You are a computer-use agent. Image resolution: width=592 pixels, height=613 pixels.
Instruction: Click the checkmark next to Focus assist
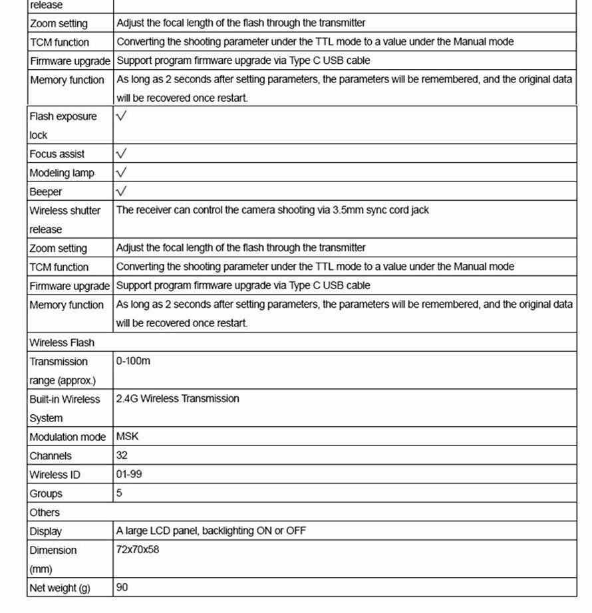click(122, 154)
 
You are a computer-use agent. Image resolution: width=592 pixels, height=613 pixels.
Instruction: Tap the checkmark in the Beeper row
click(122, 191)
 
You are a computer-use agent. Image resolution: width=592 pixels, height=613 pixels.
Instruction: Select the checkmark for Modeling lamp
click(122, 173)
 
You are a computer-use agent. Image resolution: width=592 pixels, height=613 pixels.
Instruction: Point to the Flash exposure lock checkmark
click(122, 116)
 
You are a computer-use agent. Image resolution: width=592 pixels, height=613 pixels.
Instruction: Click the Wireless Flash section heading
click(62, 343)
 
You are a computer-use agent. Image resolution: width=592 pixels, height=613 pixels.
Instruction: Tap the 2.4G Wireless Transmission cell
click(178, 399)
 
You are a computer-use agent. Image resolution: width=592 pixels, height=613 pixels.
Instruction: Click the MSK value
click(128, 437)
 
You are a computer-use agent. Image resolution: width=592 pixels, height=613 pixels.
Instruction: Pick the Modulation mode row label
click(67, 437)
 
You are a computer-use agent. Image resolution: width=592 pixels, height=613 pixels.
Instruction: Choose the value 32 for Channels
click(122, 456)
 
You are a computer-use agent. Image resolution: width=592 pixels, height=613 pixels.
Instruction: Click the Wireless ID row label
click(55, 475)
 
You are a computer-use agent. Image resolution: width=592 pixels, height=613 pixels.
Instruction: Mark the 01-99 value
click(129, 475)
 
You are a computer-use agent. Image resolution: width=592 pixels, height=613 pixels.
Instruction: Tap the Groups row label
click(46, 494)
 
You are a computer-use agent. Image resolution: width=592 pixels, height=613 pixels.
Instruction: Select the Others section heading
click(45, 513)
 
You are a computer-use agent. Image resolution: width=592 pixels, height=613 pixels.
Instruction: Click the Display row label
click(45, 532)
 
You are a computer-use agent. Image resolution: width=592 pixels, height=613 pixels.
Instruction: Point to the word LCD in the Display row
click(166, 531)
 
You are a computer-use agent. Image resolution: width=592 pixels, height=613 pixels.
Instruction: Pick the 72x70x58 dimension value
click(138, 550)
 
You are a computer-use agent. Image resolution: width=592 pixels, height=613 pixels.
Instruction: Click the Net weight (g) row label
click(60, 588)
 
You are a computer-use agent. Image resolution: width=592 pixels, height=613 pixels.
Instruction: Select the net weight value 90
click(122, 588)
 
